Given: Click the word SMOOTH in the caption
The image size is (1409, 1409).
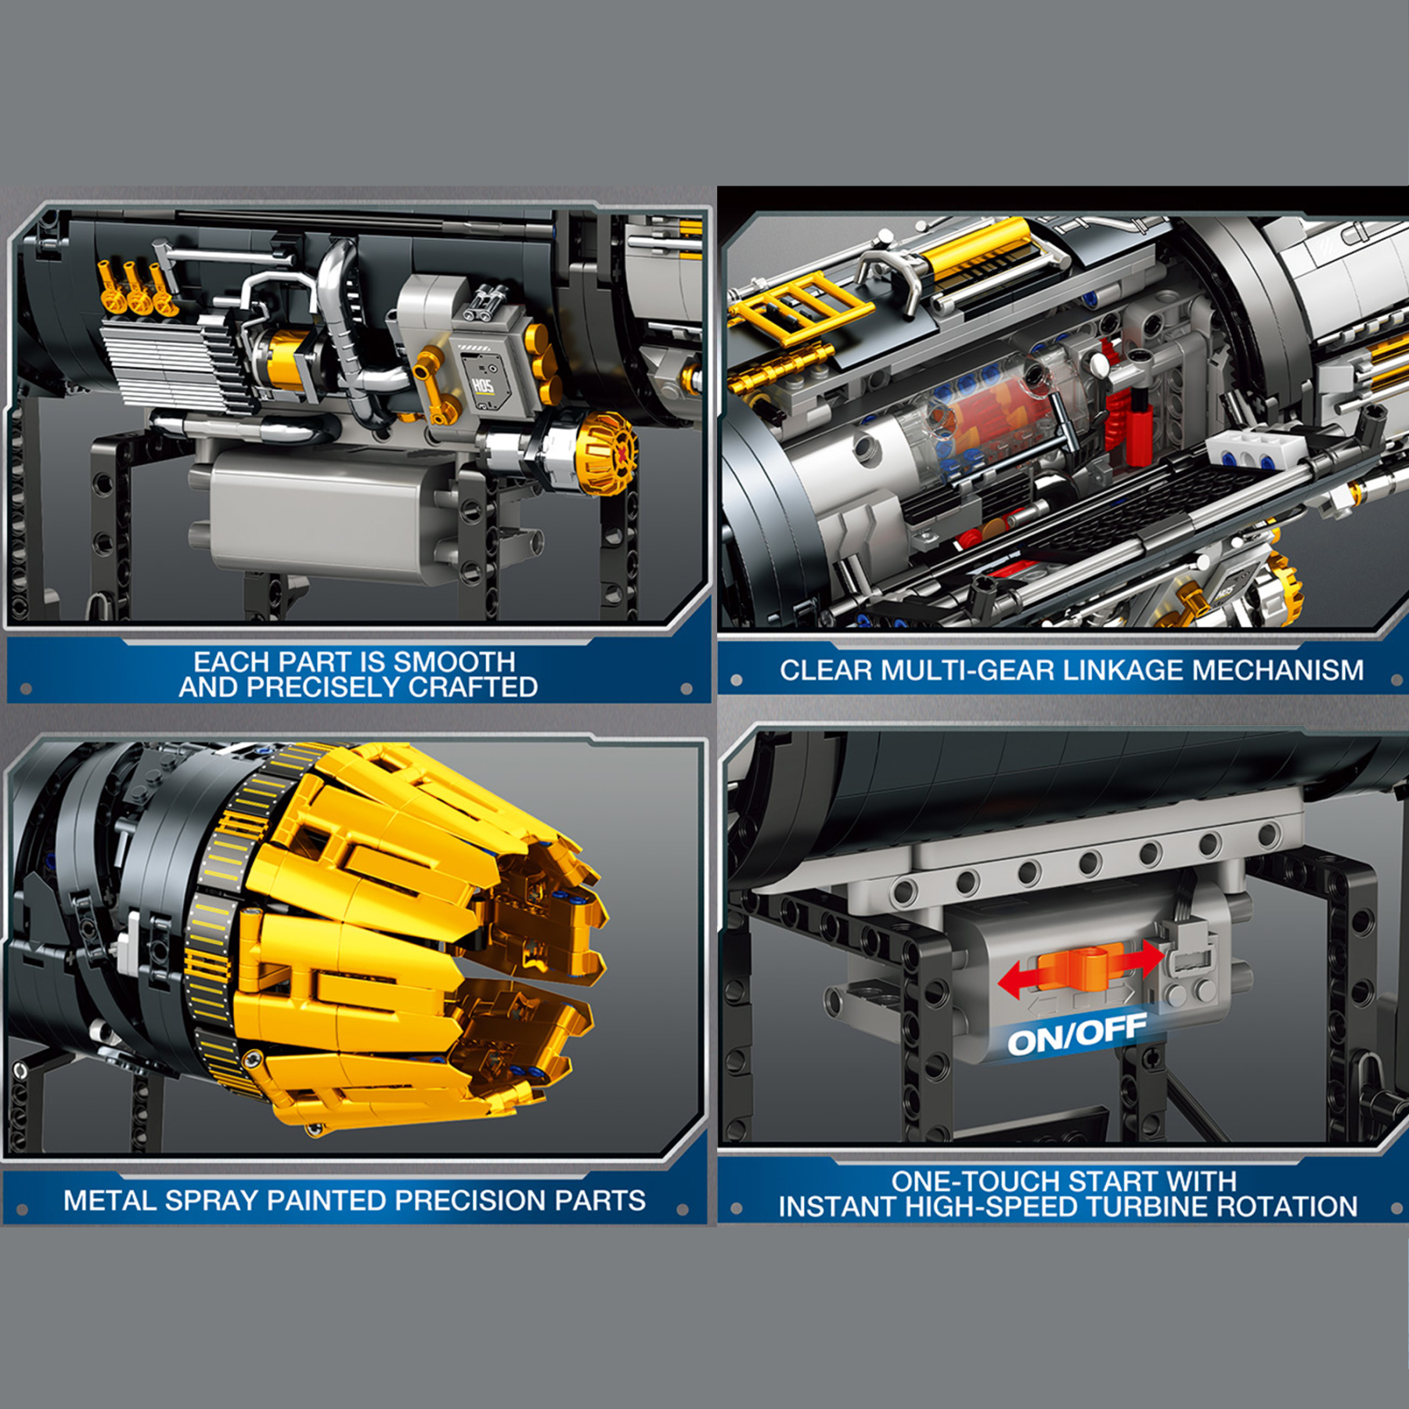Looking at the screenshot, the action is pyautogui.click(x=454, y=662).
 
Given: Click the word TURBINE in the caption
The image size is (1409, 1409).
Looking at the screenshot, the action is pyautogui.click(x=1155, y=1207).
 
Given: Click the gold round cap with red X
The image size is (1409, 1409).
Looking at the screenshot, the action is pyautogui.click(x=607, y=453).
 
